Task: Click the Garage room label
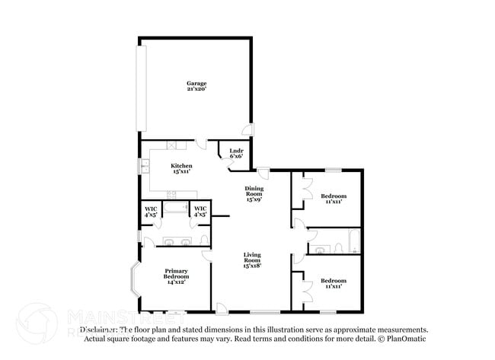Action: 196,84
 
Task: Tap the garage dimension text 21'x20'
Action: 196,90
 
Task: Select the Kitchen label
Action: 181,166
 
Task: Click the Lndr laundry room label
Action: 236,151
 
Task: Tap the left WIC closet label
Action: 150,212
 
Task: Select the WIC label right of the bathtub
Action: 200,212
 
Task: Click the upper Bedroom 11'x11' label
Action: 334,198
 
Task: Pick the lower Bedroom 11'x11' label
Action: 334,283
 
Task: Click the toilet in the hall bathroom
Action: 319,248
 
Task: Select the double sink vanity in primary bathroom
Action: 176,242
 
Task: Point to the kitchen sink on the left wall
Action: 142,167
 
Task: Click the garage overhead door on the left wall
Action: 140,88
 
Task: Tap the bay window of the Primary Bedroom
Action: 136,282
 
